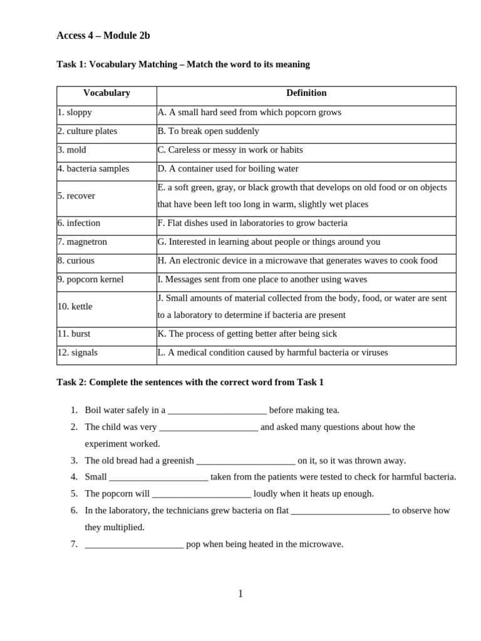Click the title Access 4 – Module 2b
(103, 36)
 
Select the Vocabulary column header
(106, 93)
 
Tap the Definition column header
(306, 93)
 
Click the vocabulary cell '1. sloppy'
(75, 113)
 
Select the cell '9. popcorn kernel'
(90, 280)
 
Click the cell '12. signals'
(78, 353)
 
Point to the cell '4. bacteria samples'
(93, 169)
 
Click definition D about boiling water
(228, 169)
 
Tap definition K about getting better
(247, 334)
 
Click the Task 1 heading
(183, 64)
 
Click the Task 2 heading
(190, 382)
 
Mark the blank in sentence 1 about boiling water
(217, 411)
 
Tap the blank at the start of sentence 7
(134, 545)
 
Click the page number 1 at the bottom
(240, 593)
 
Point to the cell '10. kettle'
(75, 307)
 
